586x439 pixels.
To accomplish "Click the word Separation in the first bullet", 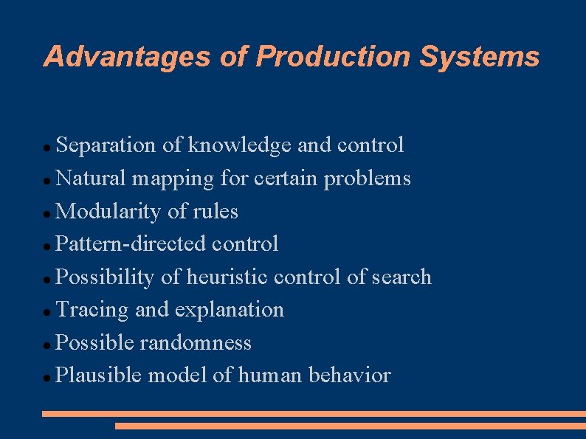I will [x=106, y=145].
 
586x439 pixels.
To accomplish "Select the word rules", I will [x=215, y=212].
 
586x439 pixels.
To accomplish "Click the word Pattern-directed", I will [x=130, y=244].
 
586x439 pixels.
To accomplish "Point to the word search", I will [x=401, y=277].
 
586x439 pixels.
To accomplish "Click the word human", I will [x=270, y=376].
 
